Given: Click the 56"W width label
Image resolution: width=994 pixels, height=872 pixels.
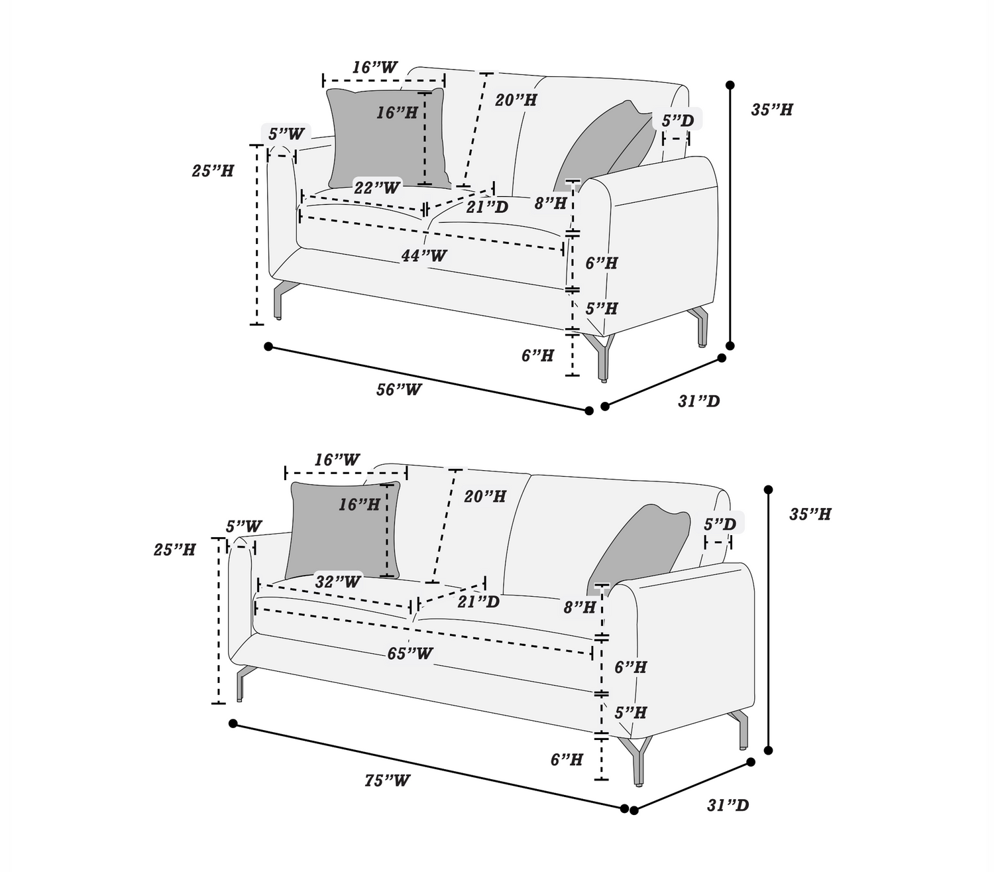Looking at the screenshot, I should (x=399, y=389).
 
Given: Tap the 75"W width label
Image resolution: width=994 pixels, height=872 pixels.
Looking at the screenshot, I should (x=387, y=780).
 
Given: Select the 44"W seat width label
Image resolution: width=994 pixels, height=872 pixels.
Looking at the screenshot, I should (x=424, y=255).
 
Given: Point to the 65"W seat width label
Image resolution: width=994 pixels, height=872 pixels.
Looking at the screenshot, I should (x=410, y=654).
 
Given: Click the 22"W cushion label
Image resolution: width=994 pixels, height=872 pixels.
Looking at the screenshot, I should (x=377, y=188).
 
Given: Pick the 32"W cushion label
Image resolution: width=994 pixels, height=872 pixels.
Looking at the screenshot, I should (x=338, y=582).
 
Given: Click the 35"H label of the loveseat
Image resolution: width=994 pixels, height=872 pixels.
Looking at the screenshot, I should (x=772, y=109).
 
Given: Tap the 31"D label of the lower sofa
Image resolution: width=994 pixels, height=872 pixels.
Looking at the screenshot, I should (x=728, y=805).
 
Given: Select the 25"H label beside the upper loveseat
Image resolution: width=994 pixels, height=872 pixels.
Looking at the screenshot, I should (x=213, y=170).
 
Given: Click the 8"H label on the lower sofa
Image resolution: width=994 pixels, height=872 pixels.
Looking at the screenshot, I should (x=580, y=607).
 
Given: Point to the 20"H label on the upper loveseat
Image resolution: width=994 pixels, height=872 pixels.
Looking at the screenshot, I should (x=516, y=100).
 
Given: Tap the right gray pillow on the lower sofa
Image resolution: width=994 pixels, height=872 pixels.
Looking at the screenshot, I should (x=639, y=544).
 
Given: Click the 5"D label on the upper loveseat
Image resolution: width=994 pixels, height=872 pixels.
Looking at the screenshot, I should (x=678, y=121).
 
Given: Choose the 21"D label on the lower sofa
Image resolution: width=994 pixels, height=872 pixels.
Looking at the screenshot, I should (x=478, y=601).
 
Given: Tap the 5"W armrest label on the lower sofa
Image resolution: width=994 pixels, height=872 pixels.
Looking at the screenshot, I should (x=244, y=527).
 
